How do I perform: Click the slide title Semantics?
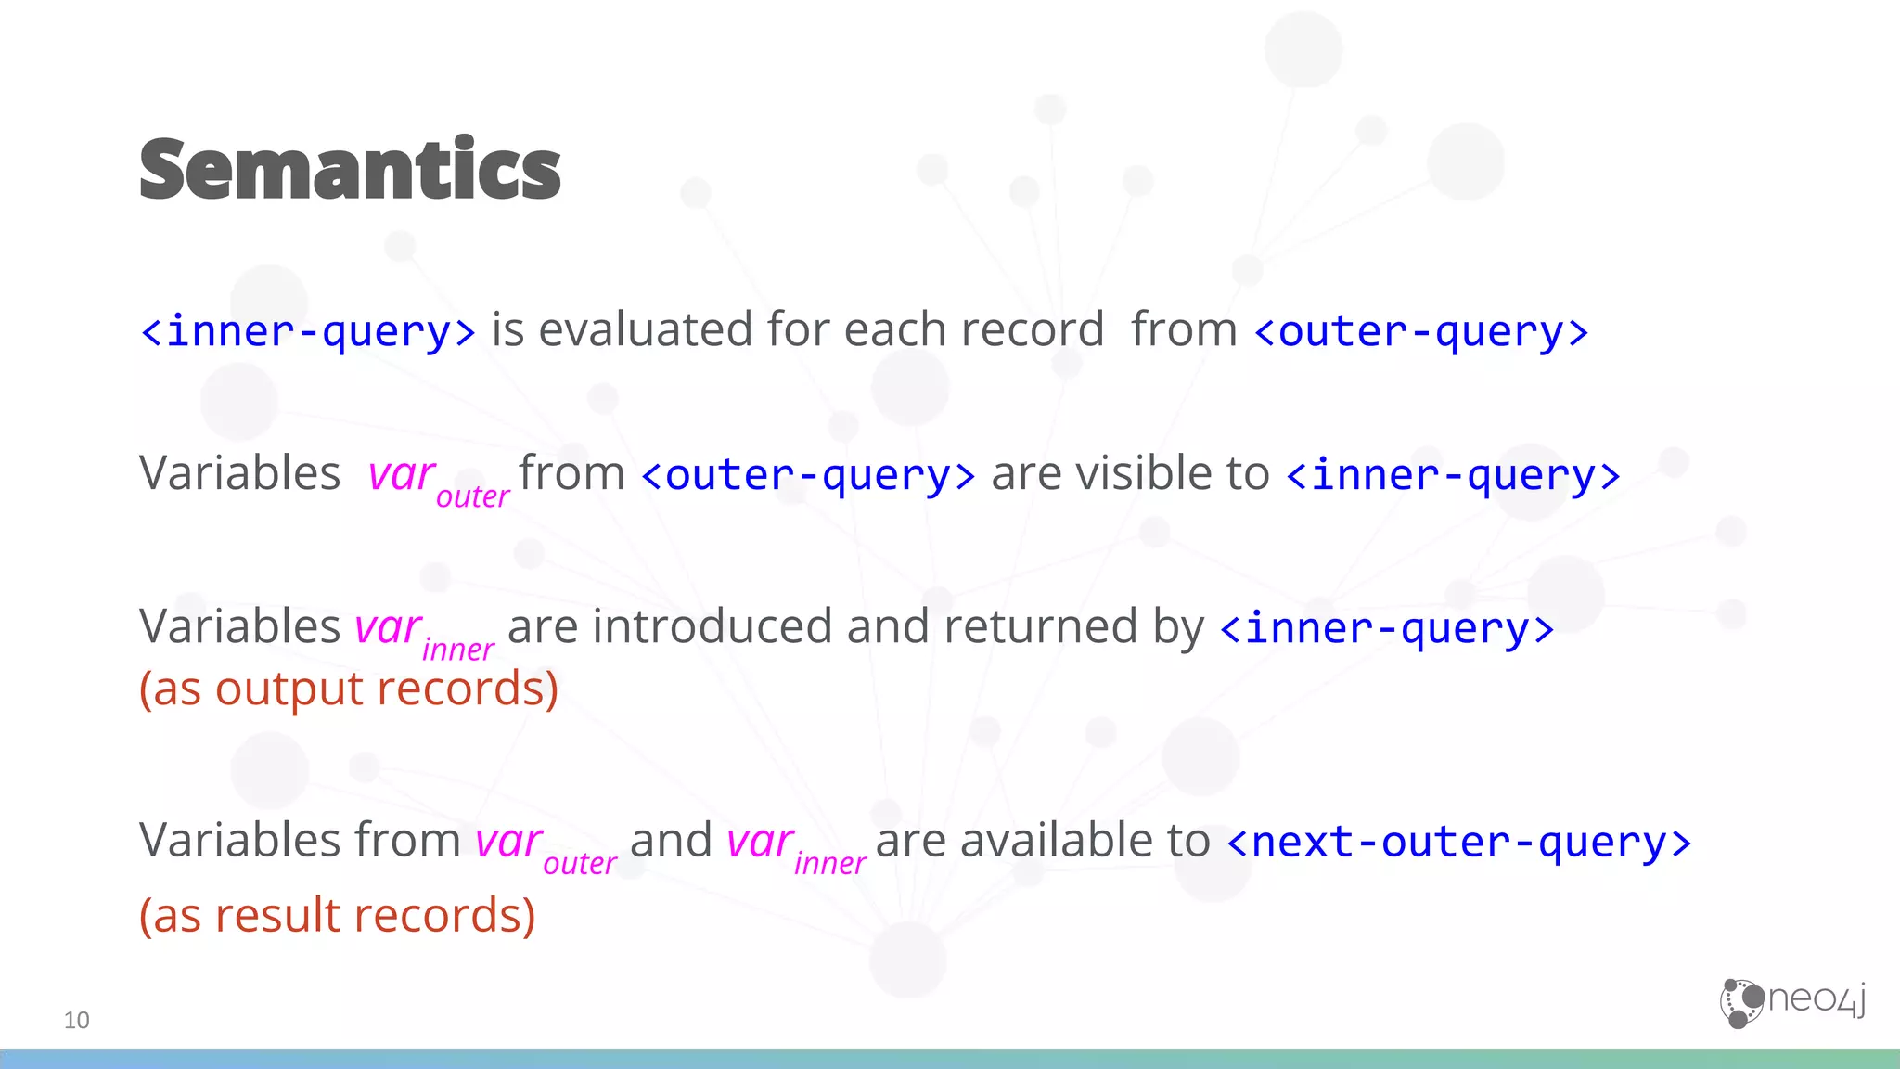(x=350, y=169)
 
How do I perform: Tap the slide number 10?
(x=76, y=1020)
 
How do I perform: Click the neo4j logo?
(x=1792, y=1002)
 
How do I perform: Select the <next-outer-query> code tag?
(x=1458, y=842)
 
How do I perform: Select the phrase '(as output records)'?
(x=349, y=689)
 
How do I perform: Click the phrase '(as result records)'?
(x=338, y=915)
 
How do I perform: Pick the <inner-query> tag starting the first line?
(x=308, y=331)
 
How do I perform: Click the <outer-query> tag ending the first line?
(x=1421, y=331)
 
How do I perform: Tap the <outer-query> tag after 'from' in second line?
(x=808, y=475)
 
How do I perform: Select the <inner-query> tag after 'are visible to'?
(x=1454, y=475)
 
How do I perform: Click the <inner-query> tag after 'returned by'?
(x=1387, y=628)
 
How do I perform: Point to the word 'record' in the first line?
(x=1032, y=329)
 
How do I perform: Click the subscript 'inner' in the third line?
(x=458, y=650)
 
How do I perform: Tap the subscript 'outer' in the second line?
(x=472, y=496)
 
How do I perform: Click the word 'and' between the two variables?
(x=671, y=840)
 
